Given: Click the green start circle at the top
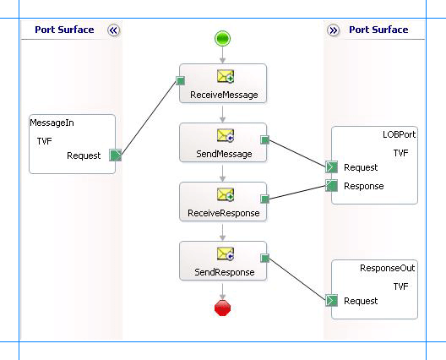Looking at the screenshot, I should click(223, 38).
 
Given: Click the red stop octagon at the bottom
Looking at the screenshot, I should click(223, 308).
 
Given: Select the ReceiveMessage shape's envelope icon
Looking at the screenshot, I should click(225, 77).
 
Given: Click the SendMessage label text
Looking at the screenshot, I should click(223, 154).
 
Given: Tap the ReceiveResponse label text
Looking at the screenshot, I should click(223, 213).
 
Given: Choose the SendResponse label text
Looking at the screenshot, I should click(223, 272).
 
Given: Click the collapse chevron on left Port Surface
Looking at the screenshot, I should click(114, 30).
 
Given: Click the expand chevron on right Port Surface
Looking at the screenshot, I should click(333, 30).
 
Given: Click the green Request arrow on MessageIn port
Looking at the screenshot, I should click(116, 155).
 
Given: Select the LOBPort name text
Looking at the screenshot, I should click(394, 135).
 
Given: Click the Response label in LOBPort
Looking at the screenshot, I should click(364, 186).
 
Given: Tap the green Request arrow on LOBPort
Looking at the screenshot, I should click(332, 167).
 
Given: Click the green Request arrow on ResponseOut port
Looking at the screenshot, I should click(332, 300).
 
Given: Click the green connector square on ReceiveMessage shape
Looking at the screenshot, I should click(180, 81).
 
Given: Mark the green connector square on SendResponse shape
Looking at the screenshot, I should click(265, 259).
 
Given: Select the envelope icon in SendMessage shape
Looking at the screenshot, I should click(225, 136).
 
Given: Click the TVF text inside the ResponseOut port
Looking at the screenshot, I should click(401, 286).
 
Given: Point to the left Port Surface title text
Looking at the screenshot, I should click(64, 30).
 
